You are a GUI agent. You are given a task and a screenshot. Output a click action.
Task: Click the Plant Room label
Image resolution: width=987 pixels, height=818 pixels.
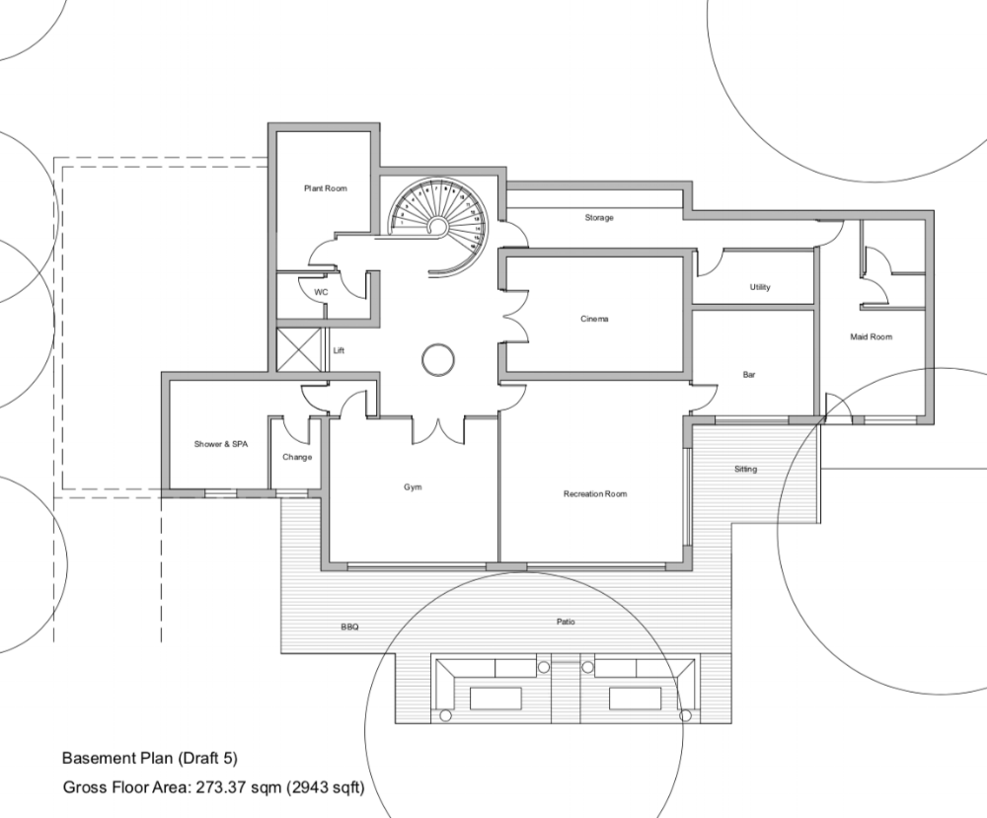pyautogui.click(x=326, y=188)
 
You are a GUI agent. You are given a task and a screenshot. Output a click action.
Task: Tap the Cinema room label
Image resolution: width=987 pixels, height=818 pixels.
pyautogui.click(x=594, y=319)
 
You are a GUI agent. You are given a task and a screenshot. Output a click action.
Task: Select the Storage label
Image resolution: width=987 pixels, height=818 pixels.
pyautogui.click(x=599, y=218)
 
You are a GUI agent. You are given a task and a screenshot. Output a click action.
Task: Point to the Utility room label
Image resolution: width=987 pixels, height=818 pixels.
pyautogui.click(x=760, y=287)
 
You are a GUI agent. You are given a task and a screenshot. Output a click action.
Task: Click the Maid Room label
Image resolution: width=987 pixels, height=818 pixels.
pyautogui.click(x=872, y=336)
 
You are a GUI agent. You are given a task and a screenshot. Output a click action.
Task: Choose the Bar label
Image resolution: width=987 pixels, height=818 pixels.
pyautogui.click(x=748, y=374)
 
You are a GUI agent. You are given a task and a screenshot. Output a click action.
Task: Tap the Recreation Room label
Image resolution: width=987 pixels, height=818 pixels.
pyautogui.click(x=595, y=494)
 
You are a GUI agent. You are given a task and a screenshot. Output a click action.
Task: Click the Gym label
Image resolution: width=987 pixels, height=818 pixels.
pyautogui.click(x=413, y=487)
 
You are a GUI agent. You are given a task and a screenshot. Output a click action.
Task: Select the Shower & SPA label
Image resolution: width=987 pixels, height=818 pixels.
pyautogui.click(x=221, y=444)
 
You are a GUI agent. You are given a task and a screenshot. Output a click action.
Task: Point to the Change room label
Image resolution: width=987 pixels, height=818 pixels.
pyautogui.click(x=297, y=457)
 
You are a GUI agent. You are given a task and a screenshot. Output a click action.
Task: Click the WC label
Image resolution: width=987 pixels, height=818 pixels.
pyautogui.click(x=321, y=292)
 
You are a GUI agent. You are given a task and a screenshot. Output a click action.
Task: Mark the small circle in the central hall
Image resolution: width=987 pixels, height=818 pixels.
pyautogui.click(x=437, y=360)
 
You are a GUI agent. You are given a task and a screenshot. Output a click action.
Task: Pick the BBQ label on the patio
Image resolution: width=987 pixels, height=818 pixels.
pyautogui.click(x=349, y=627)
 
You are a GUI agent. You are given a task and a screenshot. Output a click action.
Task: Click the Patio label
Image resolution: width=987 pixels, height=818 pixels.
pyautogui.click(x=566, y=622)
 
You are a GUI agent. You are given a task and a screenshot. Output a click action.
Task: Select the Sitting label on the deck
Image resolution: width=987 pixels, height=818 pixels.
pyautogui.click(x=745, y=469)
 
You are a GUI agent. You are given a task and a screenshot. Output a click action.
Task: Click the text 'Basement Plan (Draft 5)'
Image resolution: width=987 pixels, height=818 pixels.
pyautogui.click(x=150, y=758)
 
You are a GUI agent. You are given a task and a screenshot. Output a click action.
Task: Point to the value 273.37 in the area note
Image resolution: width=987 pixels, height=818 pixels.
pyautogui.click(x=221, y=786)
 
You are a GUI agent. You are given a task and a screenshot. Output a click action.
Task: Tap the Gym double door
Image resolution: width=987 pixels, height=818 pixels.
pyautogui.click(x=438, y=430)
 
